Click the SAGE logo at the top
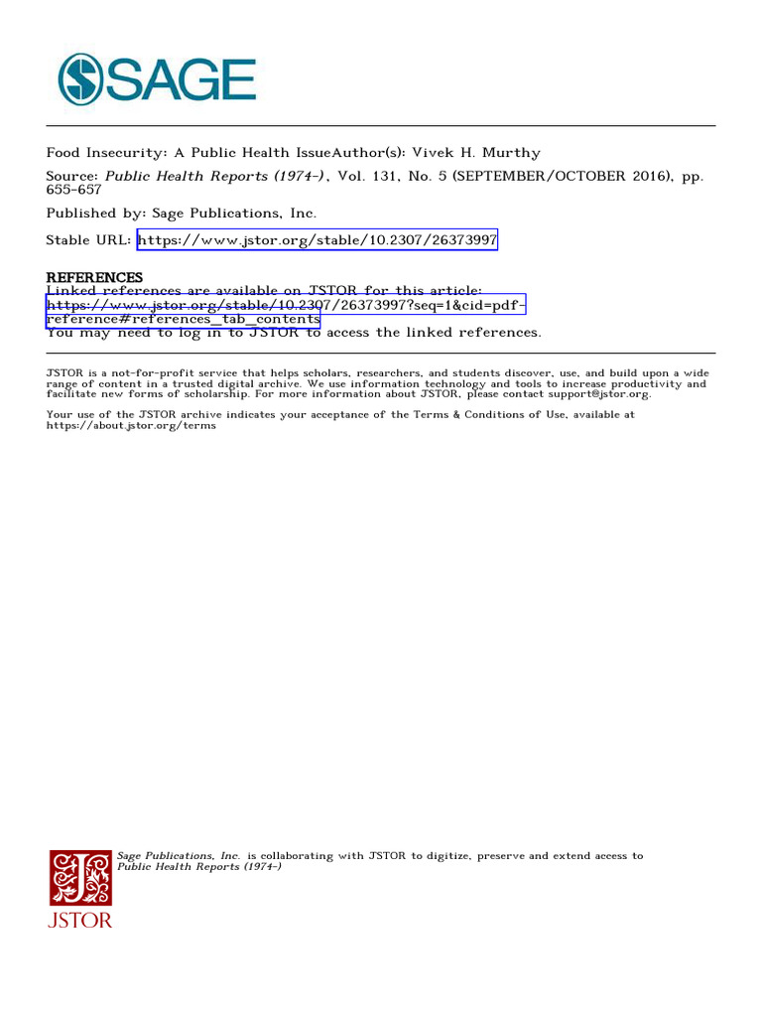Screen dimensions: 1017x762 (157, 79)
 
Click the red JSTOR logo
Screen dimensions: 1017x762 (80, 888)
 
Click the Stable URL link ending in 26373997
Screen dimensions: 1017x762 (317, 240)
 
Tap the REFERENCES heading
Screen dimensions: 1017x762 (94, 277)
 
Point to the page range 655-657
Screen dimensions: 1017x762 (74, 189)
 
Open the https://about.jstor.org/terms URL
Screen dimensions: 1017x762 (131, 425)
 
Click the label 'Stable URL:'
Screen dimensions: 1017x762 (88, 240)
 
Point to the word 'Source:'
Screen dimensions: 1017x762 (72, 176)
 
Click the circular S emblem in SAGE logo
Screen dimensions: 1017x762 (80, 79)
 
